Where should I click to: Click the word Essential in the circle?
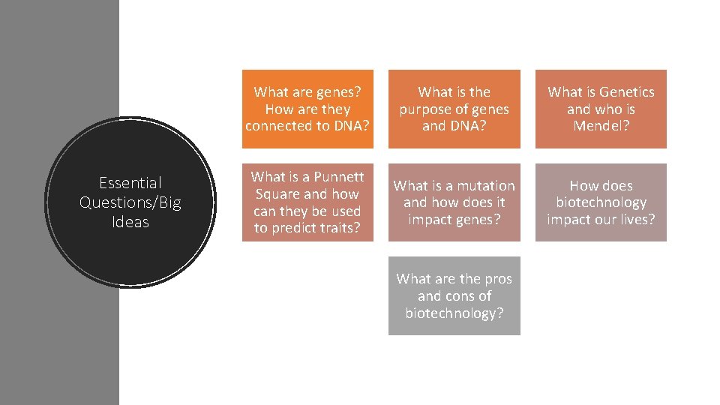coord(130,183)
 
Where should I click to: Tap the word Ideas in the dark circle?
coord(130,222)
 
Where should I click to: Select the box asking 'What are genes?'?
coord(307,109)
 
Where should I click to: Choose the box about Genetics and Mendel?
coord(601,109)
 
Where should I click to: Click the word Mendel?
coord(601,126)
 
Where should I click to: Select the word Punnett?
coord(339,177)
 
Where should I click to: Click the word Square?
coord(277,194)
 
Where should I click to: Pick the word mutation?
coord(486,186)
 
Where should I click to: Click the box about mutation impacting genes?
coord(454,202)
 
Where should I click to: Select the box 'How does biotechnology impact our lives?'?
coord(601,202)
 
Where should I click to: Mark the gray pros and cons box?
coord(454,295)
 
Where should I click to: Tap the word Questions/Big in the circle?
coord(130,202)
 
